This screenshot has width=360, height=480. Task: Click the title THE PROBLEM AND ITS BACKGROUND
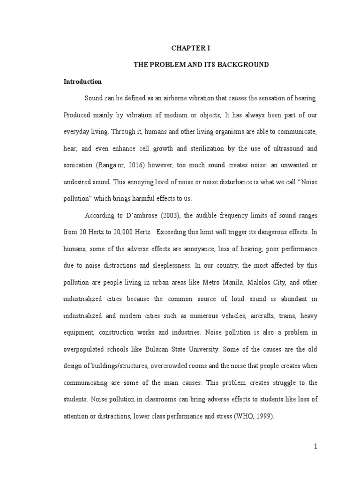tap(202, 65)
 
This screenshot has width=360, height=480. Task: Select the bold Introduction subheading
tap(82, 82)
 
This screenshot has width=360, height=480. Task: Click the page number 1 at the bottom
tap(316, 447)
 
